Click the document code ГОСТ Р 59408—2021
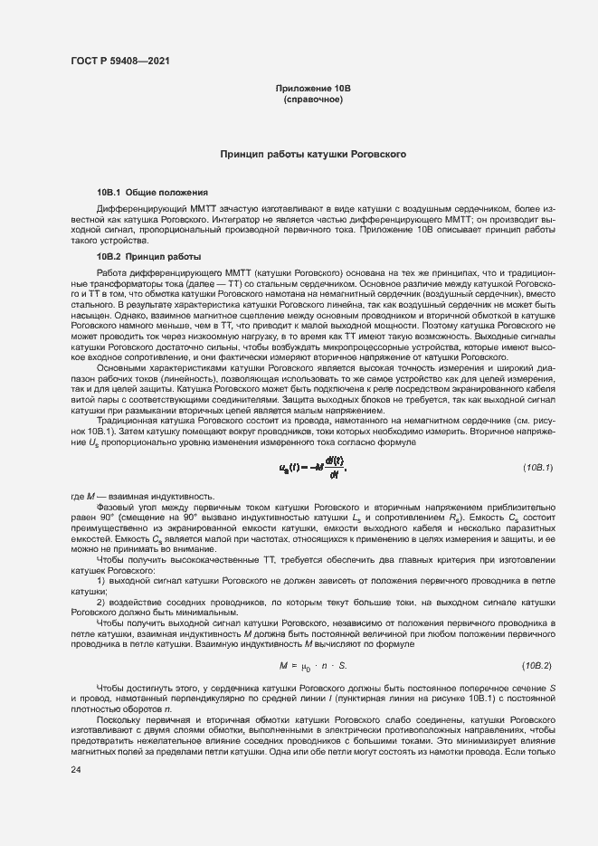pos(119,62)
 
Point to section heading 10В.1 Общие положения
pos(153,193)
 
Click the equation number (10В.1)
pos(538,466)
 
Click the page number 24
pos(75,769)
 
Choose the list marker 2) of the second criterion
pos(101,602)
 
